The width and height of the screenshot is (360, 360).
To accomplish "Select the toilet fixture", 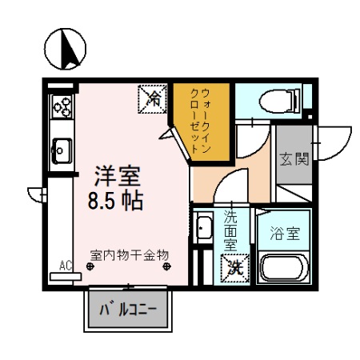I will coord(282,100).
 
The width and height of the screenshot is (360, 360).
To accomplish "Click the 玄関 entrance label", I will coord(294,158).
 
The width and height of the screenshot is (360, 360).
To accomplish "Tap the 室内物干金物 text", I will coord(130,254).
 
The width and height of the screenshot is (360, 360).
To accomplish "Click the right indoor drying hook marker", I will coord(168,267).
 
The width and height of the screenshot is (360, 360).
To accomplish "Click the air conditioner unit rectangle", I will coord(66,276).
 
